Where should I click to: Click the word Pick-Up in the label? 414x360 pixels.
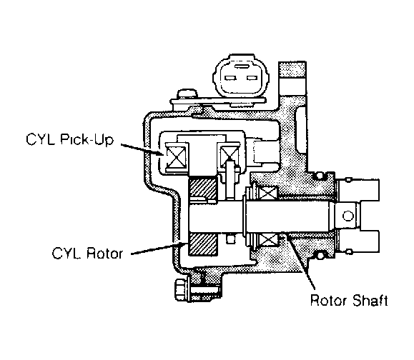click(x=87, y=139)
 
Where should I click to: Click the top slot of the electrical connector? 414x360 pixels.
click(x=240, y=66)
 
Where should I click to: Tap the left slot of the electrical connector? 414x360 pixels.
click(x=230, y=78)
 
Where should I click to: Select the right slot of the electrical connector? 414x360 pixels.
click(x=252, y=78)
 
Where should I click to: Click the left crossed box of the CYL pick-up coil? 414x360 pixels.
click(x=176, y=157)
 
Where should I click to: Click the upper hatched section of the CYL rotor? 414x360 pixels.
click(x=203, y=188)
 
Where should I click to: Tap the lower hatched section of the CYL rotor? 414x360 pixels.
click(x=203, y=244)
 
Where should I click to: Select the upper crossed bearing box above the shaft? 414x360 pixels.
click(x=268, y=192)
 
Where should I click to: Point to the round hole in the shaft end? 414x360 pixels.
click(x=348, y=216)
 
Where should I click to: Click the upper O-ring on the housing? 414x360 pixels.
click(x=319, y=175)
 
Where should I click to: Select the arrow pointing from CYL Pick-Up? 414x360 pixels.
click(x=141, y=149)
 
